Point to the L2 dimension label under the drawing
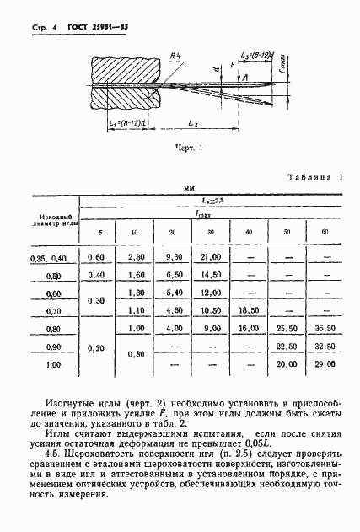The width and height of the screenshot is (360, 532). [x=195, y=124]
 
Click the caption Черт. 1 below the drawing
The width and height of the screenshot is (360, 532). [x=190, y=146]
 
